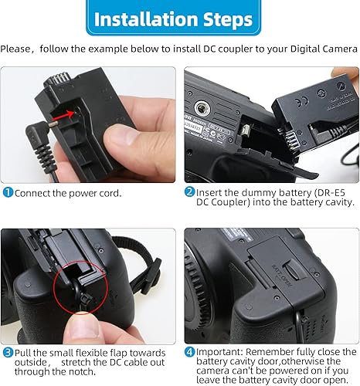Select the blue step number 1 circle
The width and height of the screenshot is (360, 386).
point(8,191)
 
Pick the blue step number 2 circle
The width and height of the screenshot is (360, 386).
point(189,191)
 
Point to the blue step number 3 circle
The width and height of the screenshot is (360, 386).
point(8,352)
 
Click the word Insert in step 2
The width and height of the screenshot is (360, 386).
point(209,191)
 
